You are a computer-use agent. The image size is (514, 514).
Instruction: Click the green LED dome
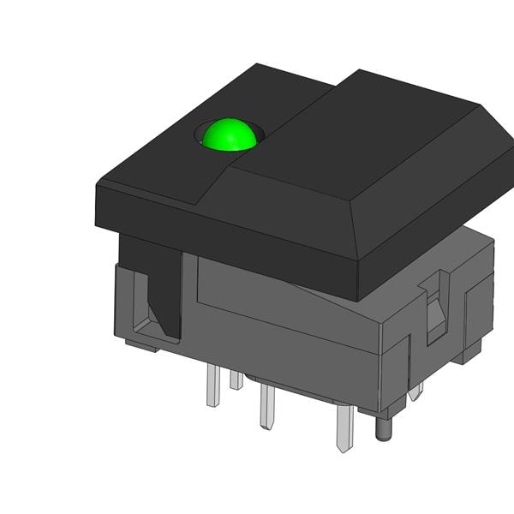point(230,135)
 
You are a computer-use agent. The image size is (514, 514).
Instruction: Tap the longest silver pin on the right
point(344,428)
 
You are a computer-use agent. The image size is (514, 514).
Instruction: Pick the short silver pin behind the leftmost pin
point(236,379)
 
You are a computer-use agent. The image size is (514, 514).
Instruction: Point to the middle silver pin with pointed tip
point(266,407)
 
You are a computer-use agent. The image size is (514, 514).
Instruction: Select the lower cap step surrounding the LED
point(171,163)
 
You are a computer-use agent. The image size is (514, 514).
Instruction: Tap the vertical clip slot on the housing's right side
point(436,304)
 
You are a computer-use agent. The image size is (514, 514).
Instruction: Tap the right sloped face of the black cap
point(437,214)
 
